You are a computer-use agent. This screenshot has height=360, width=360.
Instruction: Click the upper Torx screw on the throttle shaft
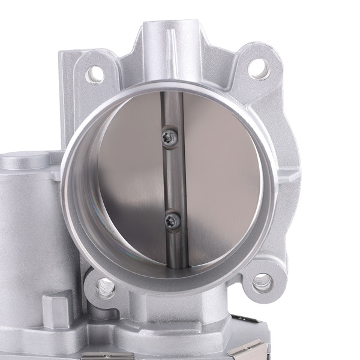click(x=170, y=138)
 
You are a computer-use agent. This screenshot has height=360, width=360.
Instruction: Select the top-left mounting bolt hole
click(x=94, y=74)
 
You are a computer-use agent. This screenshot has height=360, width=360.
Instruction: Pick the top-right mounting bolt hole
click(x=258, y=69)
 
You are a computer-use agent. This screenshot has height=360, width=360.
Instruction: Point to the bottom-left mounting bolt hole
click(x=105, y=288)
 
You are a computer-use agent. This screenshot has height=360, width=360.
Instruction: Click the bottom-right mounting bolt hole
click(x=262, y=282)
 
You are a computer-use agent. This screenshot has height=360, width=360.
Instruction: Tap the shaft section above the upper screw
click(x=169, y=111)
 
